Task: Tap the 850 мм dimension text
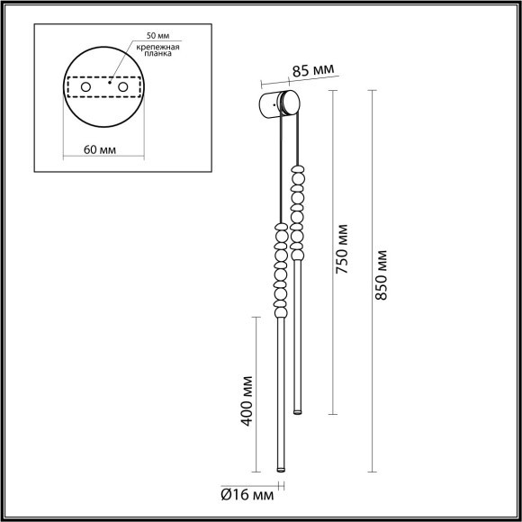tap(383, 273)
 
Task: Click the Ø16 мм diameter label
tap(249, 494)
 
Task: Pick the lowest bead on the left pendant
tap(279, 310)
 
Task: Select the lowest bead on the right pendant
tap(296, 256)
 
